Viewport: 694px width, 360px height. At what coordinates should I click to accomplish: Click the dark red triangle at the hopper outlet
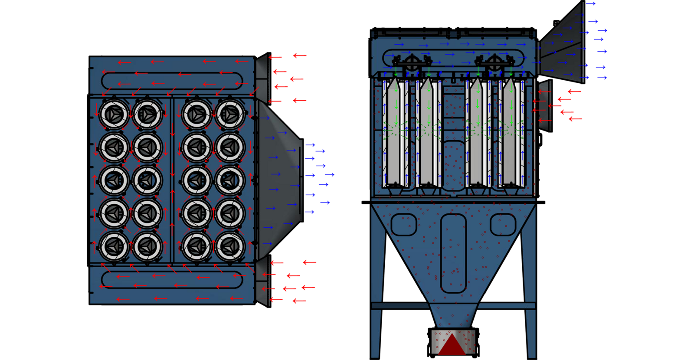[452, 345]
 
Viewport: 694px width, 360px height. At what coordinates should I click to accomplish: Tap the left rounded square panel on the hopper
[403, 225]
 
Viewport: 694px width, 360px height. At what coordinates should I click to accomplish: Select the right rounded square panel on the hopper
[503, 225]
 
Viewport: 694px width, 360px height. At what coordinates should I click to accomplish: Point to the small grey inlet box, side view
[544, 105]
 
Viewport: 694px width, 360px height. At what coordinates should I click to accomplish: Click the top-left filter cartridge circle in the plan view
[114, 114]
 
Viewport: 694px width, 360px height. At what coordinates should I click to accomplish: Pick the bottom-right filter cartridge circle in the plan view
[230, 246]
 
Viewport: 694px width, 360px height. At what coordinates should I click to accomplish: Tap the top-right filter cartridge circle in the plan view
[230, 114]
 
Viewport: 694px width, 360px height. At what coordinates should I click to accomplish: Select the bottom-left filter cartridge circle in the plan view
[114, 246]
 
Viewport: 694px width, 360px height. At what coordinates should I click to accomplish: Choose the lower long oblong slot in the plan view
[172, 280]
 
